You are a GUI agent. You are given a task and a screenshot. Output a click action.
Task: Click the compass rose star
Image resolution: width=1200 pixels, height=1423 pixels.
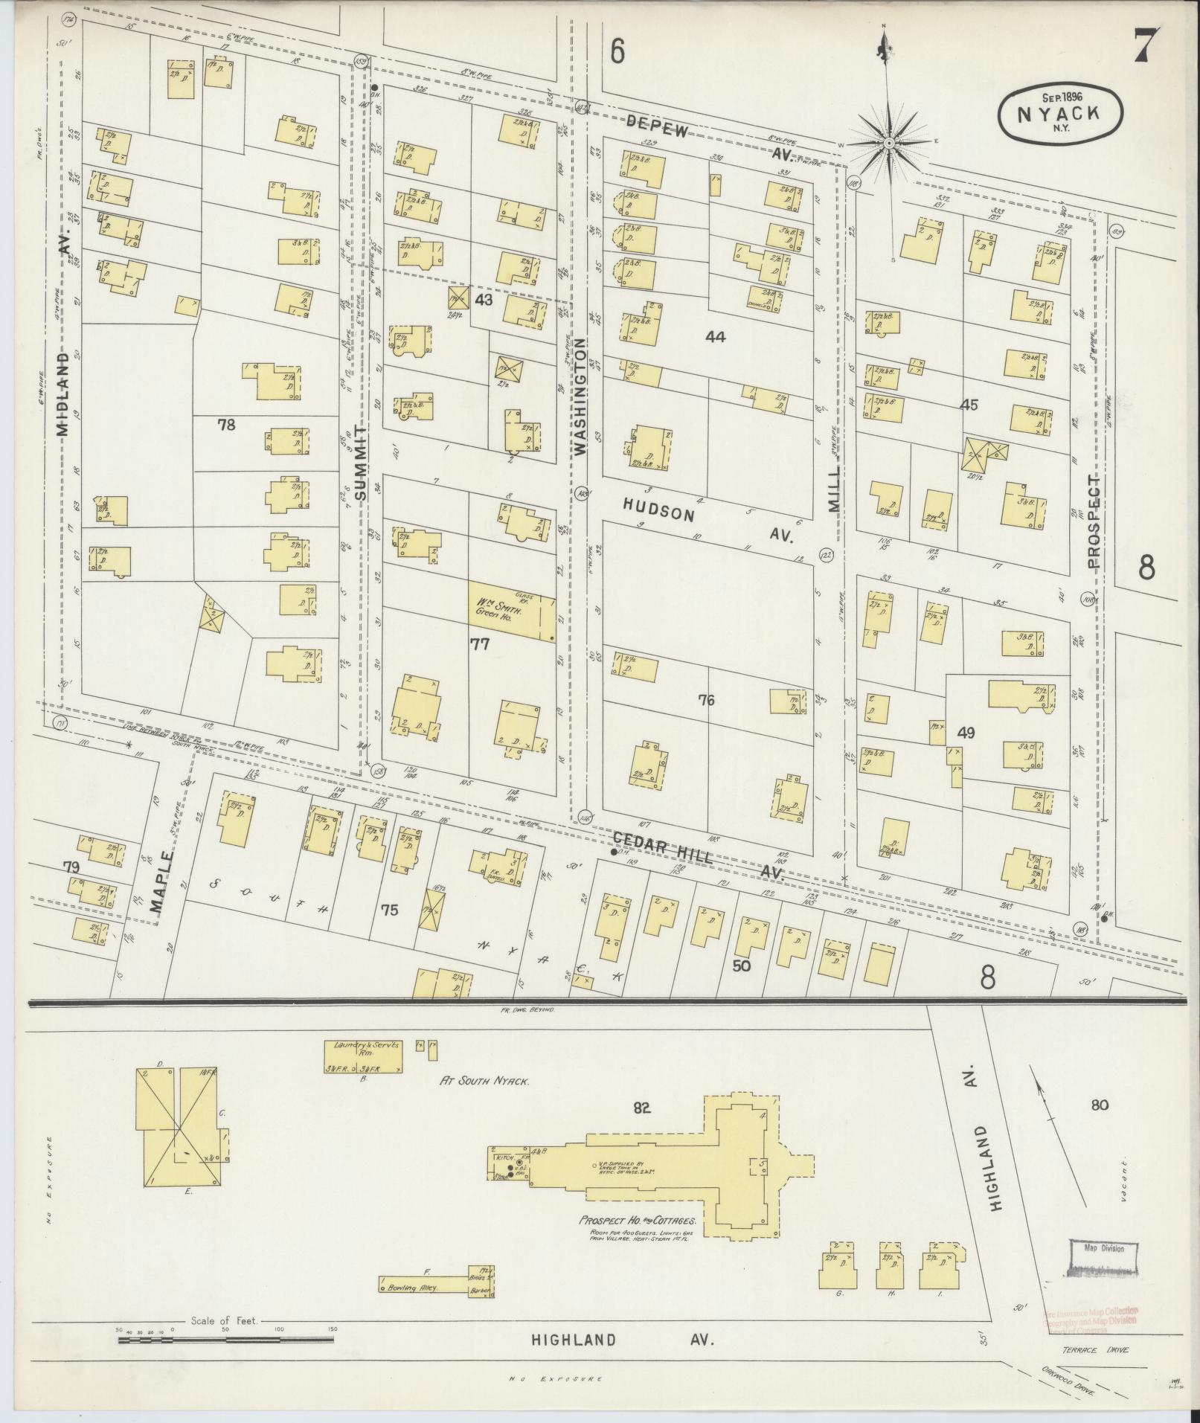(x=890, y=142)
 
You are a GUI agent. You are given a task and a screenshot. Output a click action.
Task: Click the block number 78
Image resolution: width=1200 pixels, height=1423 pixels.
(x=227, y=425)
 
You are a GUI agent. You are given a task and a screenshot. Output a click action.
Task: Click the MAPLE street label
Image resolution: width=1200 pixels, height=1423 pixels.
(x=162, y=882)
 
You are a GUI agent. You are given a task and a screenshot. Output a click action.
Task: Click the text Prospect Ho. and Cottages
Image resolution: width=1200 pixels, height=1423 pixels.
(x=638, y=1221)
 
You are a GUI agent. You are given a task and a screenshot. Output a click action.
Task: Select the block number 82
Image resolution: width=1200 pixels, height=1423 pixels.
(x=642, y=1128)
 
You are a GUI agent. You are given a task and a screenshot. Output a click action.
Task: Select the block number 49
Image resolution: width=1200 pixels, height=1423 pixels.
(x=966, y=733)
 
